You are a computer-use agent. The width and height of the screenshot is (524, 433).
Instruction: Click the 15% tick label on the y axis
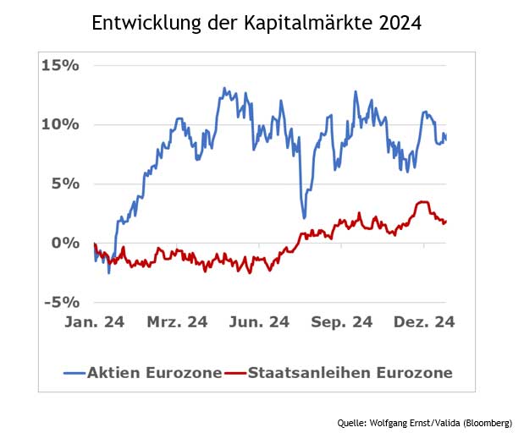pyautogui.click(x=60, y=65)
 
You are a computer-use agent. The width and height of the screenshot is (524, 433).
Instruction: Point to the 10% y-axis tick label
pyautogui.click(x=60, y=124)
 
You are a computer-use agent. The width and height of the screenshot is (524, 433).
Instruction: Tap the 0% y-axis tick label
pyautogui.click(x=65, y=243)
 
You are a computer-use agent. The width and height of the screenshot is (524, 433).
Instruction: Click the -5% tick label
pyautogui.click(x=61, y=302)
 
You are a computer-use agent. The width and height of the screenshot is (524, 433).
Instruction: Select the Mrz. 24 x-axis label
pyautogui.click(x=177, y=322)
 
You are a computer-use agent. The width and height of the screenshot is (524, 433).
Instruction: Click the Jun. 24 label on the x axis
pyautogui.click(x=259, y=322)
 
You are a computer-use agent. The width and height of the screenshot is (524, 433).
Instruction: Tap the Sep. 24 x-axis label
pyautogui.click(x=342, y=322)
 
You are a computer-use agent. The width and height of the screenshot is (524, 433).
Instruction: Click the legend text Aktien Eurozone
pyautogui.click(x=154, y=372)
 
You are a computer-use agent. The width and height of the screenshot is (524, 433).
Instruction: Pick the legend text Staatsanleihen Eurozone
pyautogui.click(x=350, y=372)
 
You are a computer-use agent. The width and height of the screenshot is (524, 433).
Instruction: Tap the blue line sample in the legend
pyautogui.click(x=74, y=373)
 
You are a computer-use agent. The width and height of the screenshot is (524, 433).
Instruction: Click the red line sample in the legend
pyautogui.click(x=234, y=373)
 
